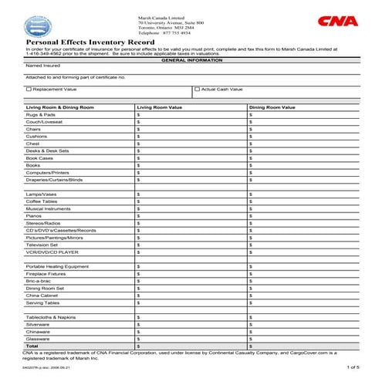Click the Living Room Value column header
click(x=160, y=106)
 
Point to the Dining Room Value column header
click(x=272, y=106)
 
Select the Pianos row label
click(x=34, y=215)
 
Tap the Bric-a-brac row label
click(x=39, y=281)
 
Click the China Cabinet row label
click(x=43, y=296)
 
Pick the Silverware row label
click(x=38, y=325)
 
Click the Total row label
click(x=32, y=347)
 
